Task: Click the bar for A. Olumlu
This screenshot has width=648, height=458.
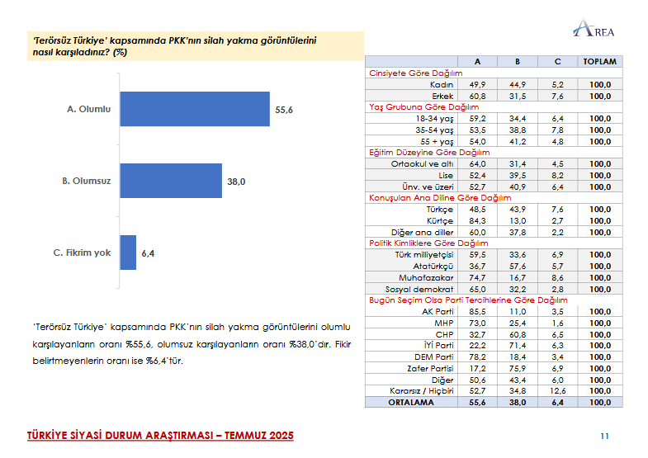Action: [x=195, y=109]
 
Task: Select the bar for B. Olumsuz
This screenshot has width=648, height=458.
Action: [x=171, y=181]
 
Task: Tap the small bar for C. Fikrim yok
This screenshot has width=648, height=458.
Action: [x=128, y=253]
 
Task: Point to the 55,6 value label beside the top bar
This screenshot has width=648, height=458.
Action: [x=284, y=109]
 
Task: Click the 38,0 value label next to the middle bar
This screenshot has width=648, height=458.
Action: [x=236, y=181]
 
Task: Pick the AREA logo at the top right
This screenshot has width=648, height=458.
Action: [x=594, y=31]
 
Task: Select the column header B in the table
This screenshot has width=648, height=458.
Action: [x=517, y=62]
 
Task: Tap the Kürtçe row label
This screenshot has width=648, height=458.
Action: [x=438, y=220]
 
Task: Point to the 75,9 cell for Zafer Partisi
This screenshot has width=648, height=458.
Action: [x=517, y=368]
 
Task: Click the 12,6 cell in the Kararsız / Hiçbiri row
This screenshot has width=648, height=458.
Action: [x=558, y=390]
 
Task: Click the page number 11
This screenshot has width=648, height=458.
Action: [x=604, y=435]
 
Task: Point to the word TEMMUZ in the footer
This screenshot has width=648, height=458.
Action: [x=227, y=435]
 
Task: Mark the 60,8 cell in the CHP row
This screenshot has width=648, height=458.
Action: [x=517, y=333]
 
